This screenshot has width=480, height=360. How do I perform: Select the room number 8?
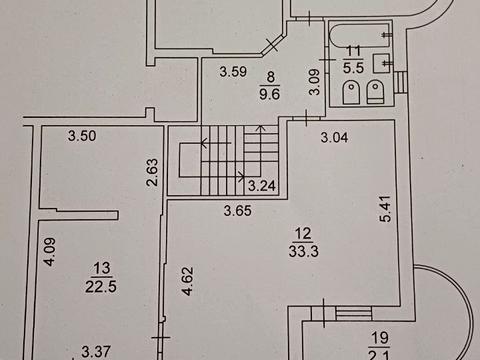tap(270, 76)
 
